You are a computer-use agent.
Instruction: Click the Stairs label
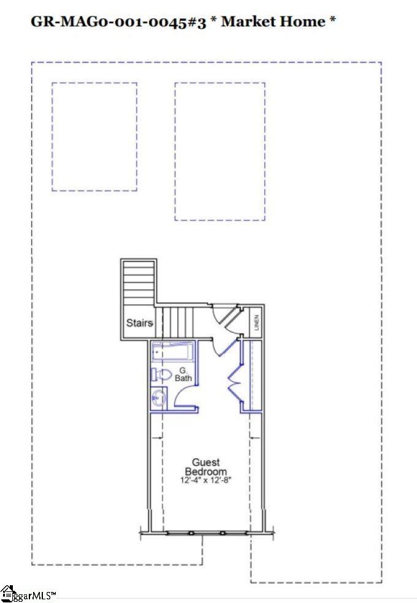click(139, 323)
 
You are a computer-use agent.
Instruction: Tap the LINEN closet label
click(257, 322)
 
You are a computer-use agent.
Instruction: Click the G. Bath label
click(183, 374)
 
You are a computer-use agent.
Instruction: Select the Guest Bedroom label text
click(205, 467)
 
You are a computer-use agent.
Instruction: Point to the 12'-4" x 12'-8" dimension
click(205, 481)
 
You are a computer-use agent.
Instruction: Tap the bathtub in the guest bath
click(172, 353)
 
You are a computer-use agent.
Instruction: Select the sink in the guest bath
click(158, 398)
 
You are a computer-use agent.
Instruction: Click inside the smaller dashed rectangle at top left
click(94, 137)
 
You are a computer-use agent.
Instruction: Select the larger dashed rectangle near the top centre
click(220, 151)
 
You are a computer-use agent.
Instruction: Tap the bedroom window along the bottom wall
click(207, 533)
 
